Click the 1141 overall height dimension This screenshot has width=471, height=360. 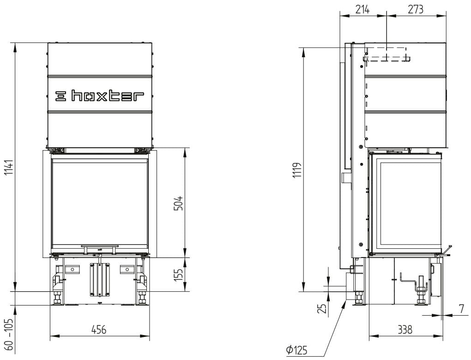coord(9,168)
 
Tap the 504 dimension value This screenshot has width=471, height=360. coord(178,203)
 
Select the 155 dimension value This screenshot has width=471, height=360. coord(178,275)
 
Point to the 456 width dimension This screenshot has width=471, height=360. coord(99,330)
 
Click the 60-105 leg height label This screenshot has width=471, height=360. coord(9,335)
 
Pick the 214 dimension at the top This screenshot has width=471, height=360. coord(362,9)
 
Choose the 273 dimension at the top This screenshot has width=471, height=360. coord(416,9)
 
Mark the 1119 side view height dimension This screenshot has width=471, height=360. coord(298,170)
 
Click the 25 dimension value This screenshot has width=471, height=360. coord(322,308)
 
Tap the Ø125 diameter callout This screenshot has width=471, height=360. coord(297,350)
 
